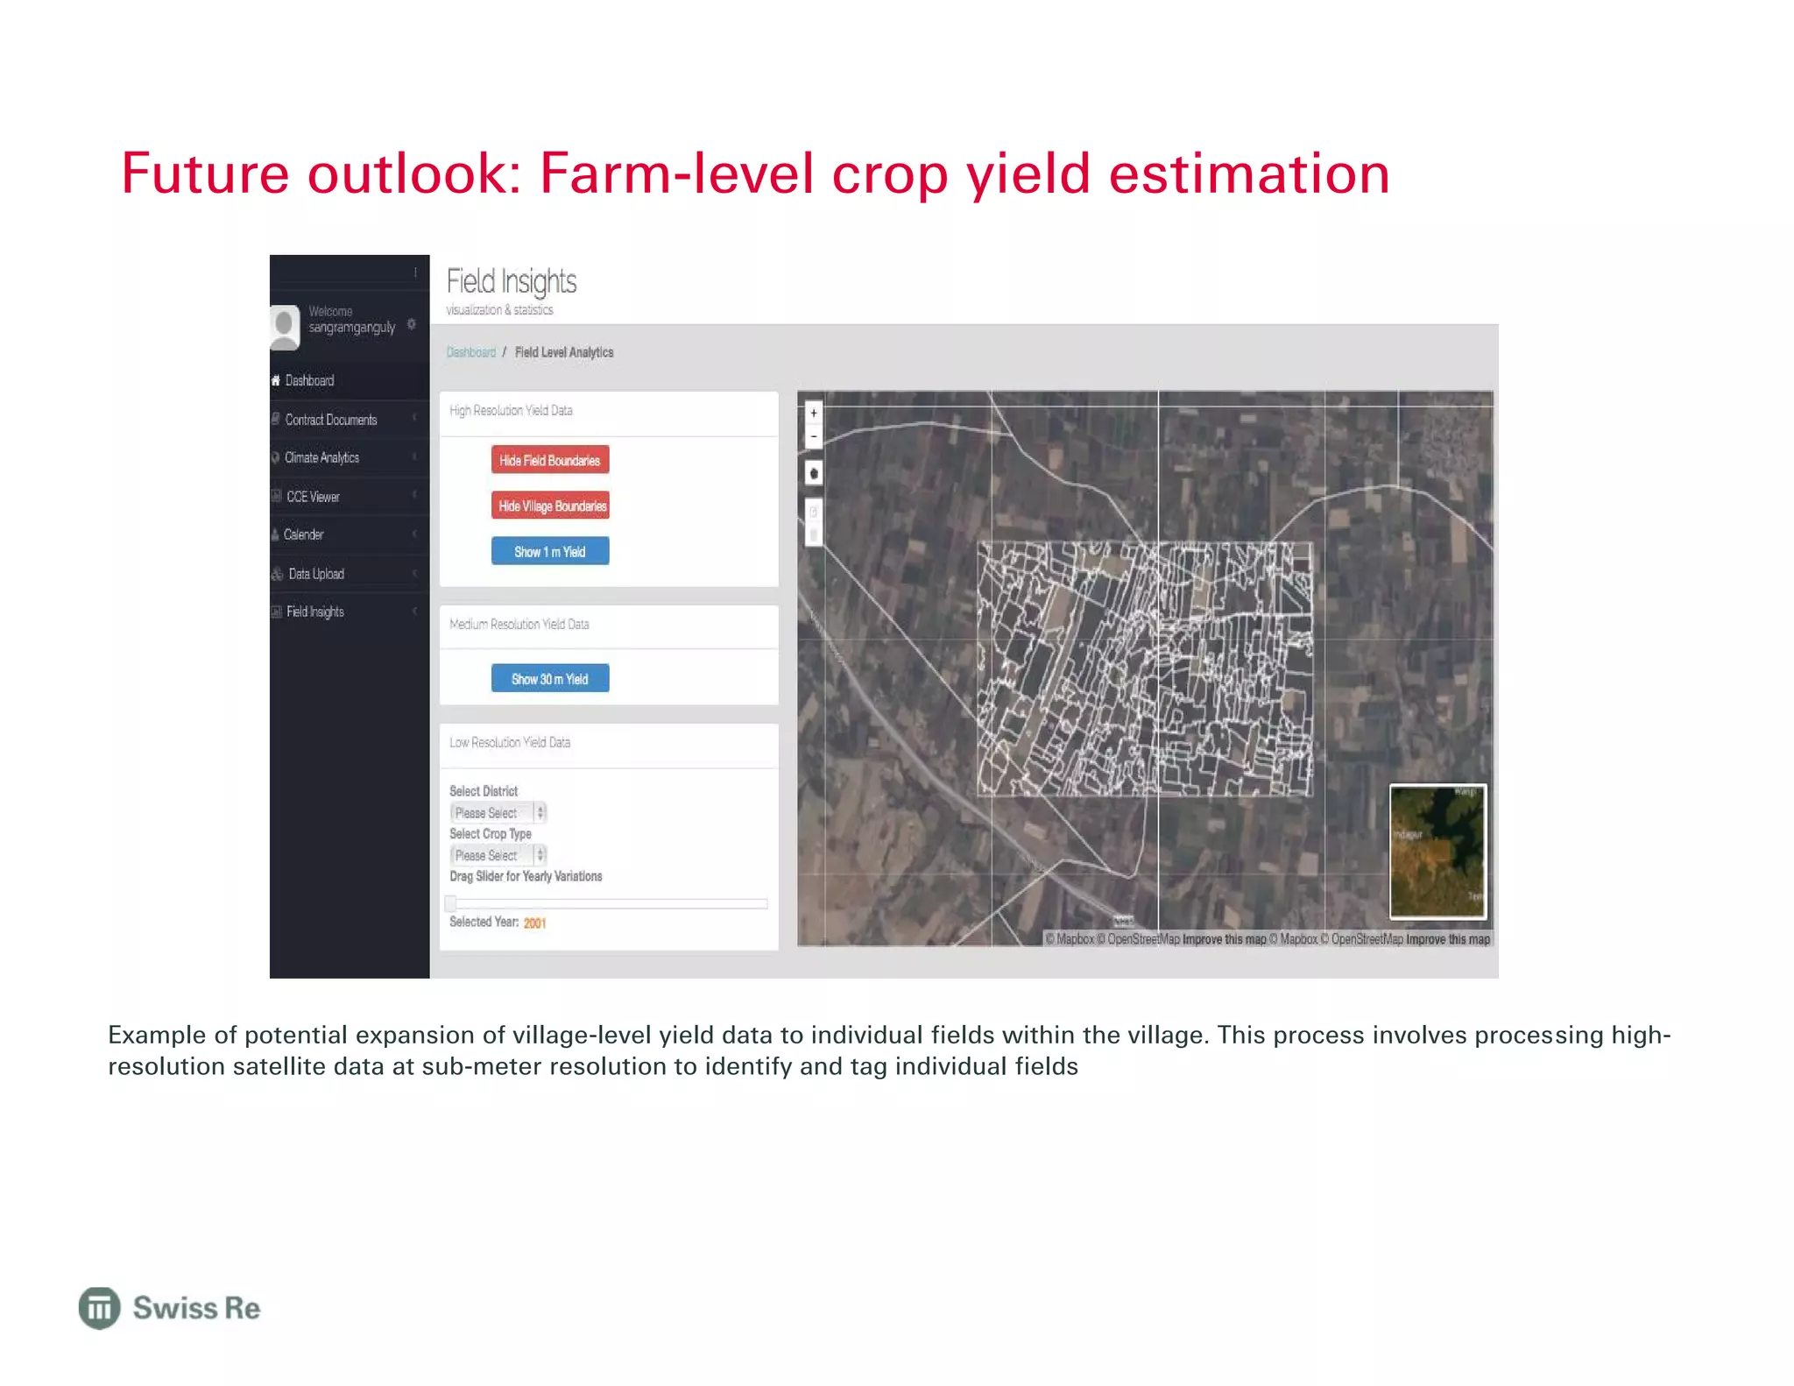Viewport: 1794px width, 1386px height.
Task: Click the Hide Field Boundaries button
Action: tap(550, 460)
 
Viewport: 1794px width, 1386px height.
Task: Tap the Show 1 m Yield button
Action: tap(550, 551)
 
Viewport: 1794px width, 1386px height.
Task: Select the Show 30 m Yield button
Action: tap(550, 678)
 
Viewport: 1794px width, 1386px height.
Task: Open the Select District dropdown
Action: tap(498, 812)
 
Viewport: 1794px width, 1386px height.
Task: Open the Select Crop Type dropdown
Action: tap(498, 855)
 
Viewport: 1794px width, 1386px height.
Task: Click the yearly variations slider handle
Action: tap(451, 903)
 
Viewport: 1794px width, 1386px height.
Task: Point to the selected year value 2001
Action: tap(534, 923)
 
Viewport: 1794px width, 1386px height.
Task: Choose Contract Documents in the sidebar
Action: tap(331, 420)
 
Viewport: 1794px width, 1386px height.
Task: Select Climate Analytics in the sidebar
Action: tap(322, 457)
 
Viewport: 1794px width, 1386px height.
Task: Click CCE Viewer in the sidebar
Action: tap(313, 497)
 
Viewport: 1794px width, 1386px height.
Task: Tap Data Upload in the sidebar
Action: tap(316, 574)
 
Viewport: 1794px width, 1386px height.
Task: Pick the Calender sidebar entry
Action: tap(303, 534)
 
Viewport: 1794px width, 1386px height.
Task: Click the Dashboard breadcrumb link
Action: tap(471, 352)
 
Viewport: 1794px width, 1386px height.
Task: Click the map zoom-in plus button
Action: tap(814, 413)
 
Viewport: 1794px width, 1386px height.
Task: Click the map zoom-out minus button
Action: tap(814, 436)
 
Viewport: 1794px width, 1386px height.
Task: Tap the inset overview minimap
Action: tap(1437, 851)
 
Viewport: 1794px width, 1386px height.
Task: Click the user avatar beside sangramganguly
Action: tap(285, 327)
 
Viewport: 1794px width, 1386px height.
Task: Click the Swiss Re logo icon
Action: tap(100, 1308)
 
